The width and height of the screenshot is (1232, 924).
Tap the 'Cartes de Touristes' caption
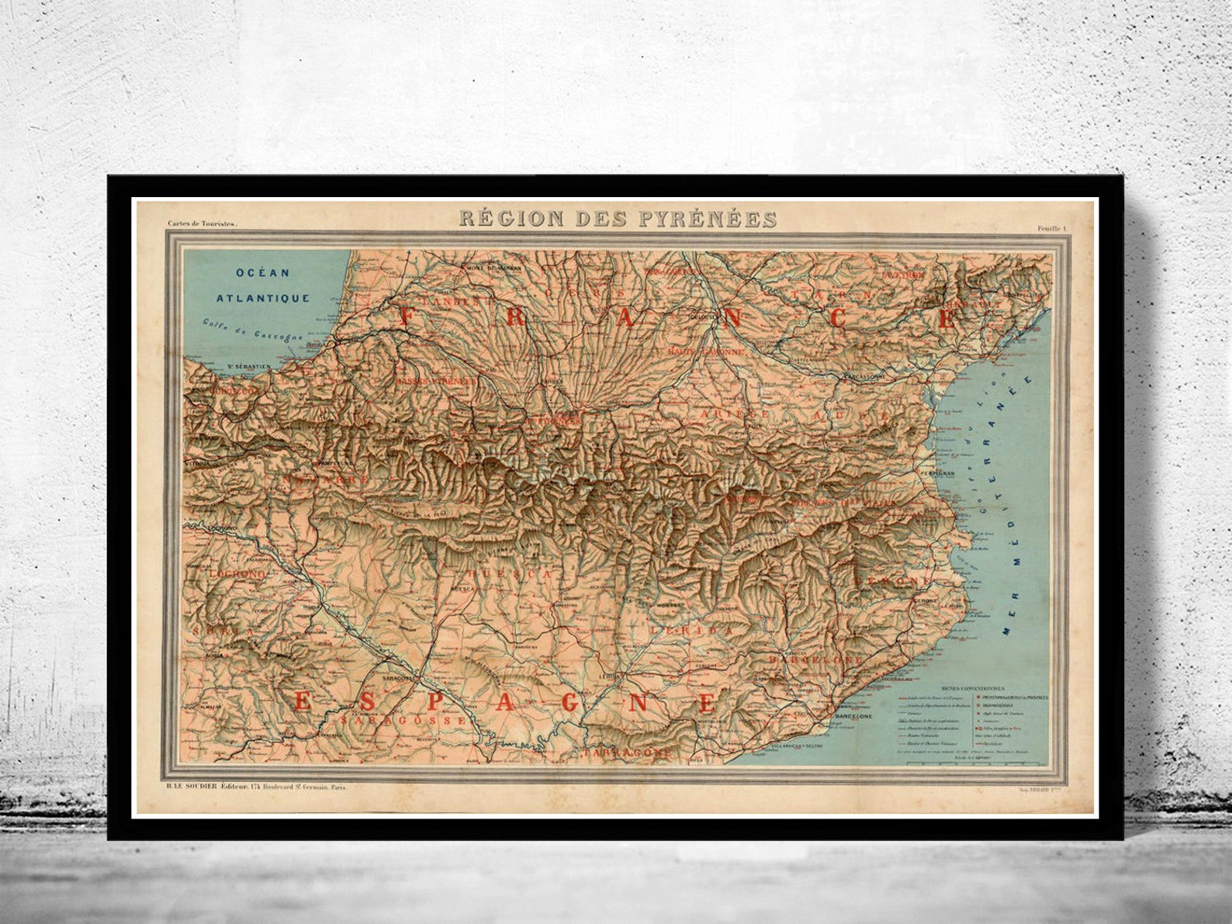point(202,223)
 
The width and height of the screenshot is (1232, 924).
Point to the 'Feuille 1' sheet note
point(1051,227)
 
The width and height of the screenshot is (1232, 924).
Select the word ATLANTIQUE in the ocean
point(262,298)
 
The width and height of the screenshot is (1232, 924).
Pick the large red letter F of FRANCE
point(410,317)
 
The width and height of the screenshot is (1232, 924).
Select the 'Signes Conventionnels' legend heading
point(971,688)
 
